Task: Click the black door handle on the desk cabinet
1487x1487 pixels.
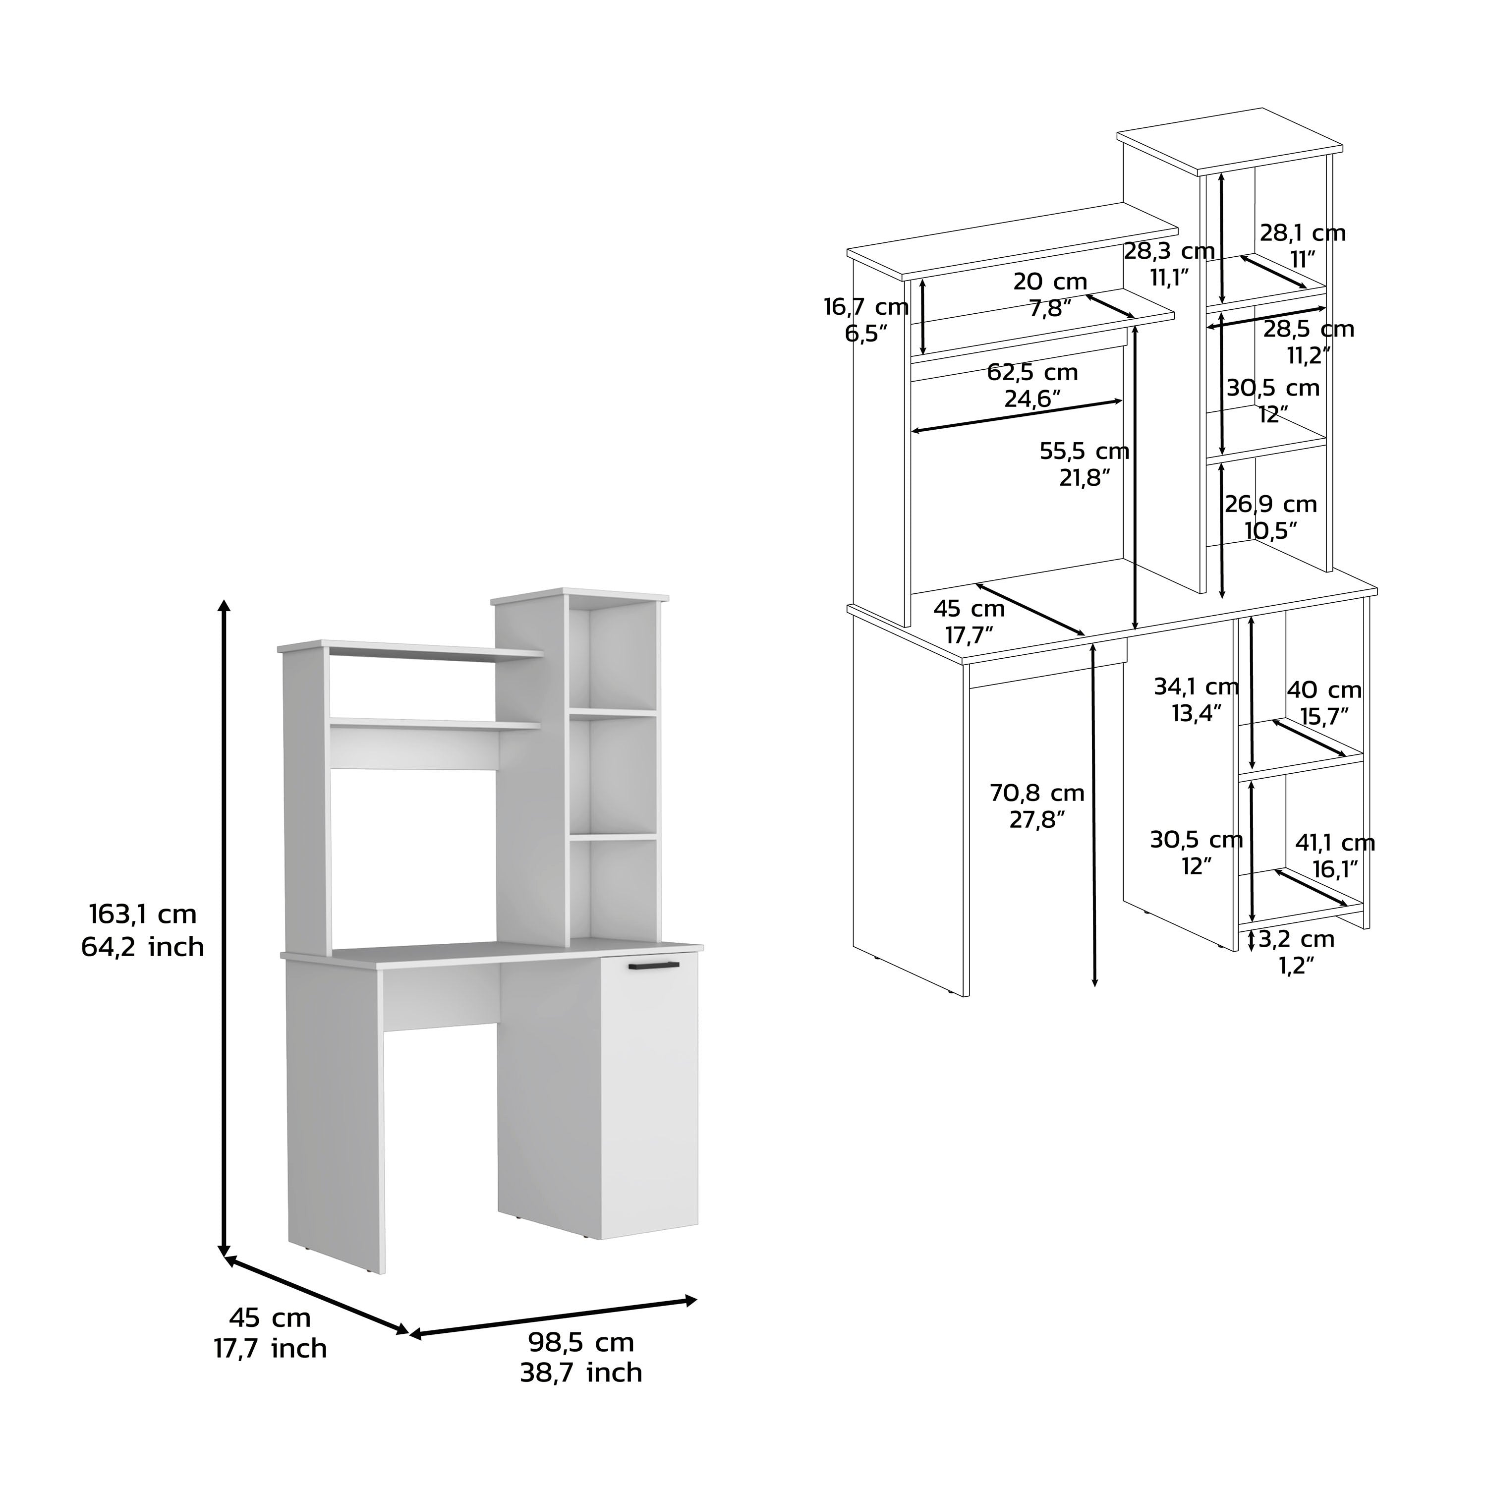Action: point(653,965)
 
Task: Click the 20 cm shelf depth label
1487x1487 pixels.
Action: point(1050,282)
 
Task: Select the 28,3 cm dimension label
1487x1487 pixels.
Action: point(1169,250)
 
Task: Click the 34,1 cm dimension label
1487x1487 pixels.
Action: point(1196,686)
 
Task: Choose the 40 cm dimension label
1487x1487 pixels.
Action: point(1324,689)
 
